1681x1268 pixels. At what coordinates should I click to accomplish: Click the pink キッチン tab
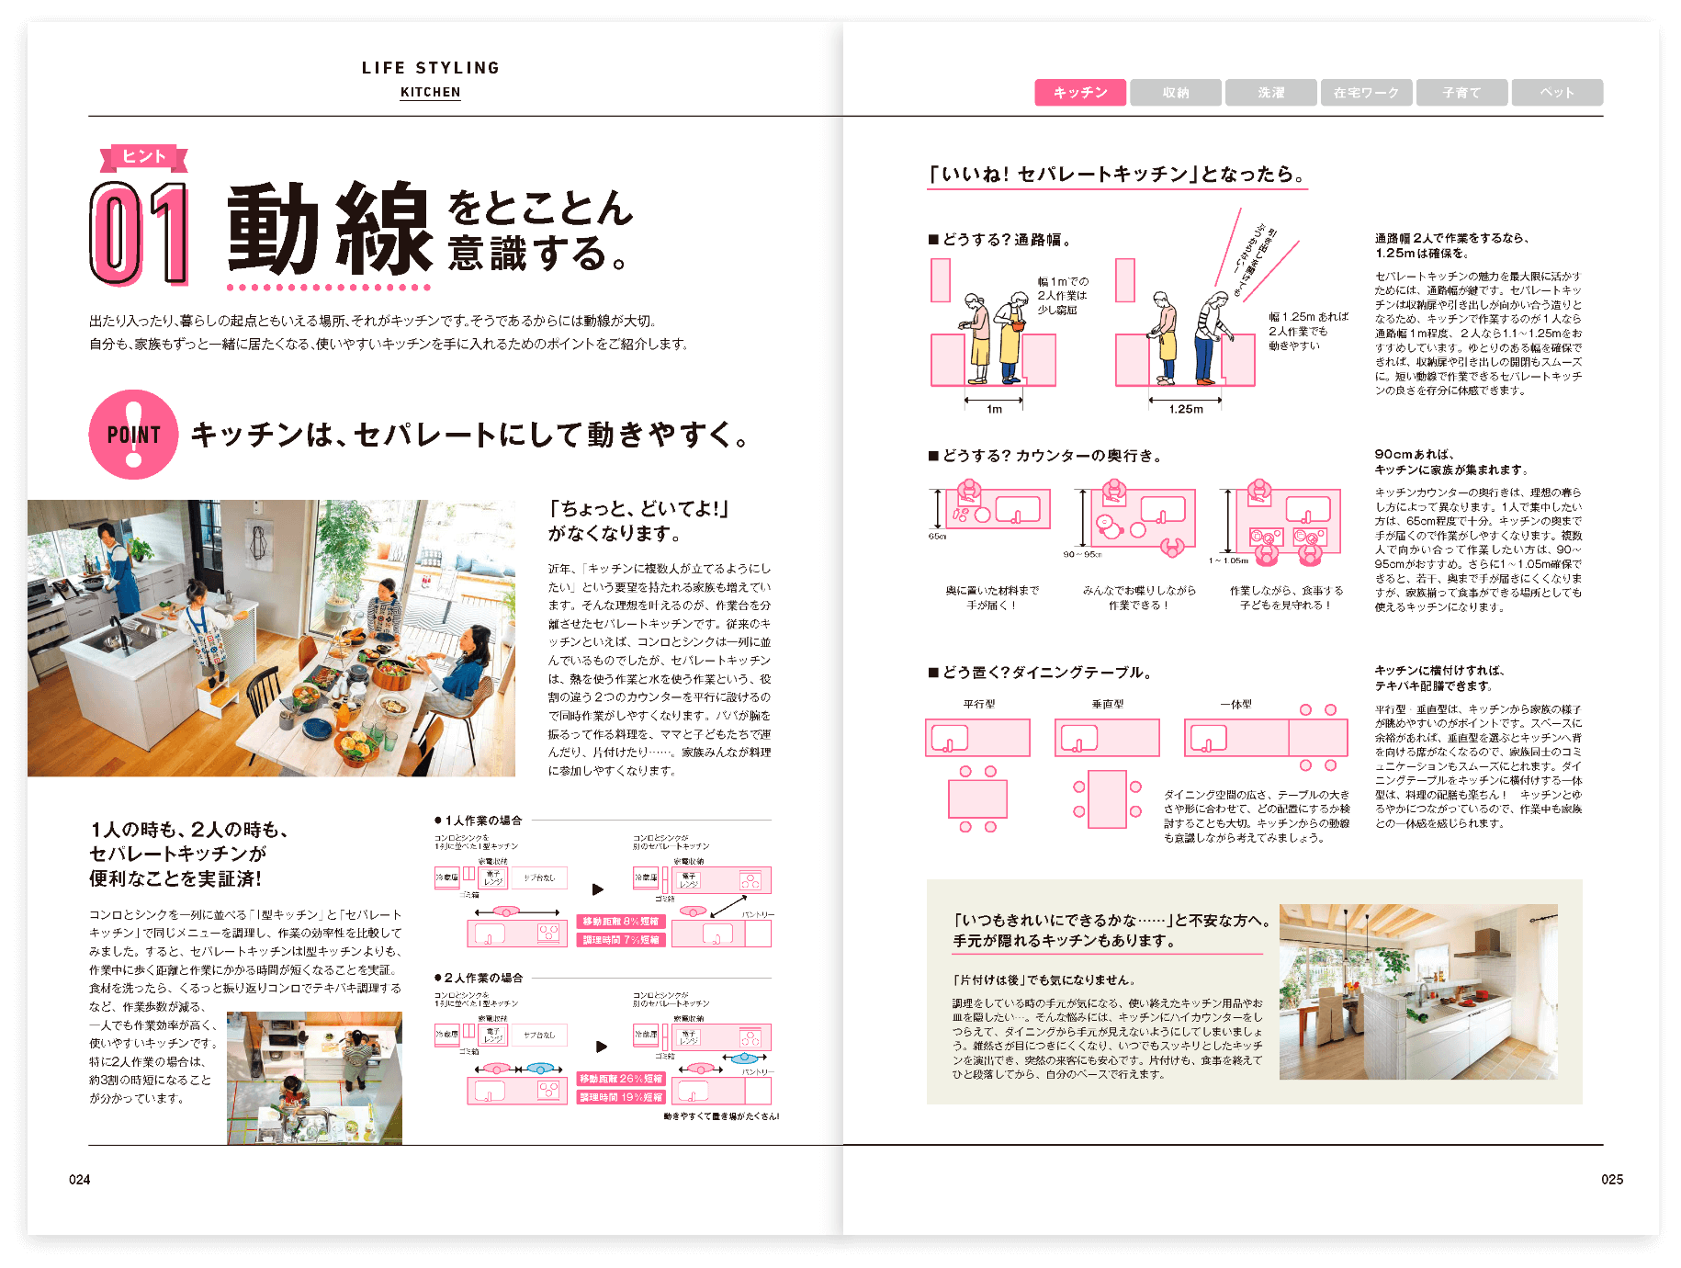pos(1080,93)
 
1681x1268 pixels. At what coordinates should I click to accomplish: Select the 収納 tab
pos(1176,93)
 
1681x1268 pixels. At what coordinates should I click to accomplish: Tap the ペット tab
pos(1557,93)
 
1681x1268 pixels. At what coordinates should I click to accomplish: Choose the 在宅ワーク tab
pos(1366,93)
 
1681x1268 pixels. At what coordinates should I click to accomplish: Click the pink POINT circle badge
pos(133,435)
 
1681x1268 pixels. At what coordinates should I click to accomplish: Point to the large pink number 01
pos(140,233)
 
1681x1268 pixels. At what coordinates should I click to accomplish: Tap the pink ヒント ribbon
pos(144,157)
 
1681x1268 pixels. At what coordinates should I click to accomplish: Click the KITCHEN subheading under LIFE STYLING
pos(430,93)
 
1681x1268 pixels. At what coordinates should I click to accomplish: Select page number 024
pos(80,1180)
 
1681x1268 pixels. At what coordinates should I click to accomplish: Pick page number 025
pos(1612,1180)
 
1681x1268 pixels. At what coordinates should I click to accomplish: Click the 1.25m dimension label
pos(1186,410)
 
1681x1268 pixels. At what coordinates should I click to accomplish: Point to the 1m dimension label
pos(994,410)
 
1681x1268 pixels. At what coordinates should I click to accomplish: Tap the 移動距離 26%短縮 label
pos(621,1079)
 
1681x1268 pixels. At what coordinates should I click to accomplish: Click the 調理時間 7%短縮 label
pos(621,940)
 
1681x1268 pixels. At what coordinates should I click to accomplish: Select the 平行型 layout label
pos(979,705)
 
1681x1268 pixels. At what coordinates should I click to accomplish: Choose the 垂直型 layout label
pos(1108,705)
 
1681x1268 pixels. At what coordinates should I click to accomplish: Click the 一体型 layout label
pos(1235,705)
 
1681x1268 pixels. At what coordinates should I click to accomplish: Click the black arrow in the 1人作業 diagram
pos(598,889)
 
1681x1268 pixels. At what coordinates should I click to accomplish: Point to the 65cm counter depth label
pos(937,537)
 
